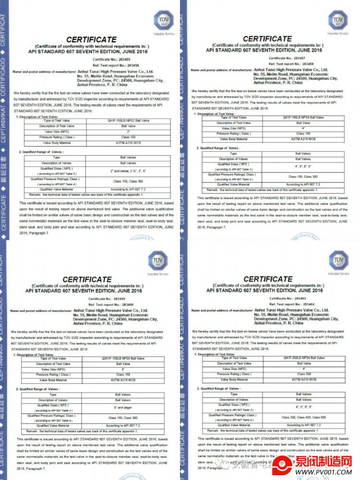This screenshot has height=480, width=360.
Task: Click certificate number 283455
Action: coord(119,59)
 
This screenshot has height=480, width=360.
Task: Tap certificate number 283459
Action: coord(116,299)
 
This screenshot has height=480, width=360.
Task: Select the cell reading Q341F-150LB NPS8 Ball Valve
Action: coord(123,358)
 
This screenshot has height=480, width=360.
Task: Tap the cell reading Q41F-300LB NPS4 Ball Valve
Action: coord(304,358)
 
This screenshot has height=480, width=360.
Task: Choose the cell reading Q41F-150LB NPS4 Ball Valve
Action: coord(303,117)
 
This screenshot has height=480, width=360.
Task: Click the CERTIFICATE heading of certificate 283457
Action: coord(267,38)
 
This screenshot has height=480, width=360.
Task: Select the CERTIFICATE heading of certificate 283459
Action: coord(87,280)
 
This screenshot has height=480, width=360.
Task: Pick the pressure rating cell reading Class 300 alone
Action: coord(304,374)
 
